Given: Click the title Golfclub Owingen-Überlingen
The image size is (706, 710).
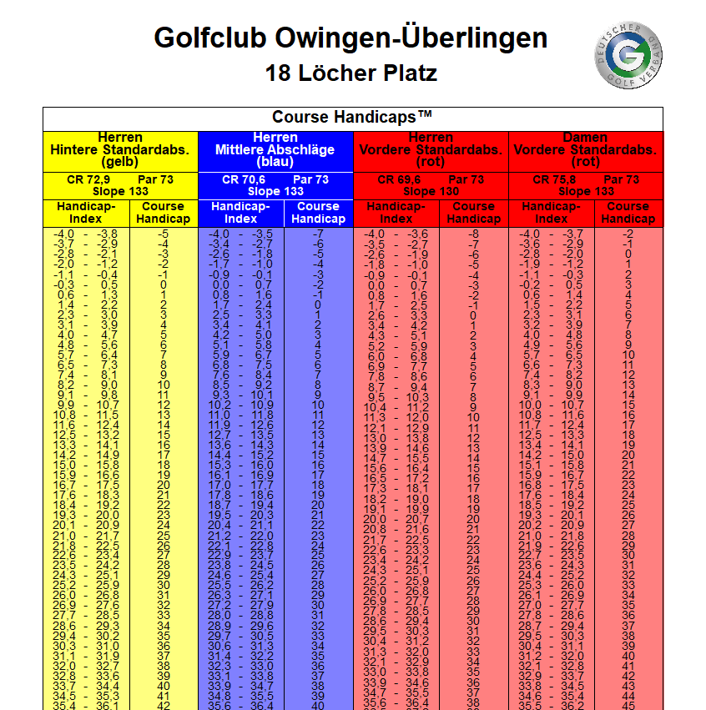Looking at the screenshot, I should (x=351, y=38).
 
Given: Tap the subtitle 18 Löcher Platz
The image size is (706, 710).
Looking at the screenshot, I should (x=351, y=73).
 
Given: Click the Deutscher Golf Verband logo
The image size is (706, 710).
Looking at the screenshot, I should (x=628, y=55).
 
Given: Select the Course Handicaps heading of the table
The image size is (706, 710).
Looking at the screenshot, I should (x=352, y=117).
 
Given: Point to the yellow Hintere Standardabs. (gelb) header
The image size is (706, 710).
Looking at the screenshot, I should (x=120, y=150).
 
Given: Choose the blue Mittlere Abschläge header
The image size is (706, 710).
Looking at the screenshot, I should (x=275, y=150).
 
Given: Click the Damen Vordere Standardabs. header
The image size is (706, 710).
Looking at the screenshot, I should (x=585, y=150).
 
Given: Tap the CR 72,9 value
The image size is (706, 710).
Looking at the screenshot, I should (x=86, y=179).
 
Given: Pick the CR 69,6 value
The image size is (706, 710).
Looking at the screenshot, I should (x=397, y=179).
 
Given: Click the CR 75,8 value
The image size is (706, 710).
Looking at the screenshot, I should (x=552, y=179).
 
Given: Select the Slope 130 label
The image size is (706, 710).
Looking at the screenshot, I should (x=431, y=191).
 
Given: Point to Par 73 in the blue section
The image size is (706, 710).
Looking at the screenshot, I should (x=310, y=179).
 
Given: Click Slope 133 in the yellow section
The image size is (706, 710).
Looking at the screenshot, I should (x=120, y=191).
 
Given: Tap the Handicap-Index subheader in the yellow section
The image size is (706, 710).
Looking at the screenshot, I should (x=86, y=213).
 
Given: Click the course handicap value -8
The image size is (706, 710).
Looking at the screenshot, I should (x=473, y=234).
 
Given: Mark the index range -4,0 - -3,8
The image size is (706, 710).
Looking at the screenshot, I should (x=86, y=234).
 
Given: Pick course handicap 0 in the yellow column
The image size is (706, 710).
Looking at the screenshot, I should (x=164, y=285).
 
